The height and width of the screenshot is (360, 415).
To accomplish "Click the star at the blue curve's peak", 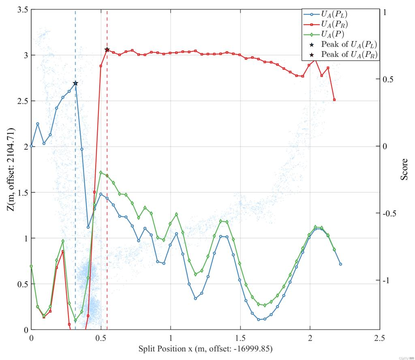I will (75, 83).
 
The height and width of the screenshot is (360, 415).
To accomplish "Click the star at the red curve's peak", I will (107, 49).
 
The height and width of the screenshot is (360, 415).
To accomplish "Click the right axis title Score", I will (404, 169).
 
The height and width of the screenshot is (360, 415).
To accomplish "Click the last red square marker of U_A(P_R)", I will (334, 100).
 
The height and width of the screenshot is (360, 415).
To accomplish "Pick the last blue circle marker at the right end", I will (340, 264).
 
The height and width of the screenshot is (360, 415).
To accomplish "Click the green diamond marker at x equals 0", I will (31, 266).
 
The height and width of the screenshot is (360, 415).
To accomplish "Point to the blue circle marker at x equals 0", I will (31, 146).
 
